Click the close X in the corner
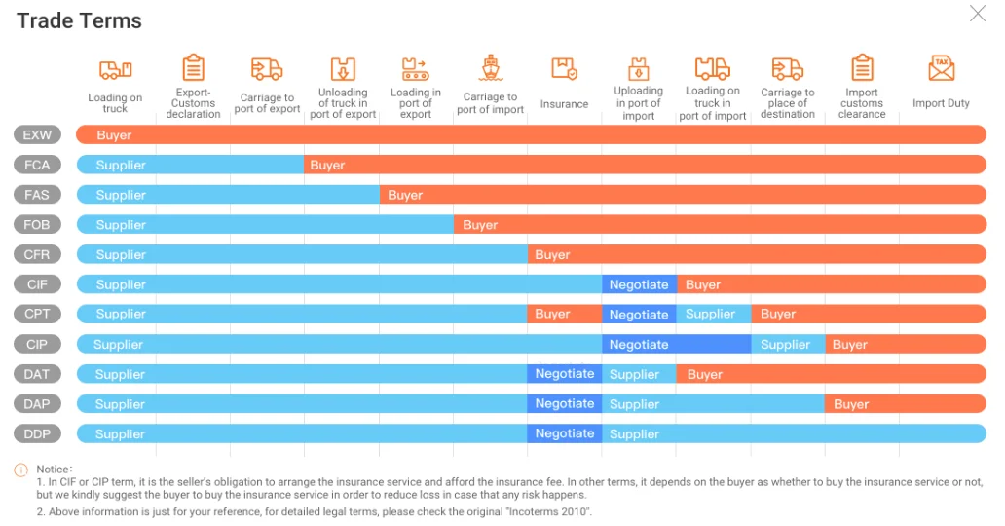click(977, 14)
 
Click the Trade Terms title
click(79, 20)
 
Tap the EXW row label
click(37, 134)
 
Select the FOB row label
click(37, 224)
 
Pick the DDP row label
click(37, 433)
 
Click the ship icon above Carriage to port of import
click(491, 68)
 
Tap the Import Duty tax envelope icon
click(941, 68)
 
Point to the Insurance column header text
click(565, 104)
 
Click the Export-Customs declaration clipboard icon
click(194, 68)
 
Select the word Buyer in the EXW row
click(114, 135)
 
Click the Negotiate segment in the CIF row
click(639, 284)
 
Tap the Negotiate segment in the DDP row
click(565, 433)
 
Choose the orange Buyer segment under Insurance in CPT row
click(553, 314)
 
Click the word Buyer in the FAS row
click(405, 195)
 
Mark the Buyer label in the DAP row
click(851, 404)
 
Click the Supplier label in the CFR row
click(121, 254)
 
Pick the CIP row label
click(37, 344)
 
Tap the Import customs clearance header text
click(862, 103)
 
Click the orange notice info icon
click(21, 470)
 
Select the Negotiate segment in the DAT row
click(565, 374)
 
